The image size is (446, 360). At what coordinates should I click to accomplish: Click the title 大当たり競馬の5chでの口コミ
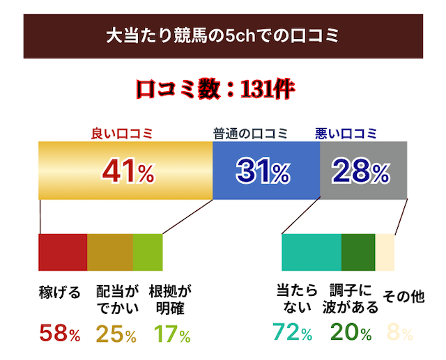pos(222,36)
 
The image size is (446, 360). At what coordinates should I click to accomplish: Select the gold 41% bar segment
pos(125,171)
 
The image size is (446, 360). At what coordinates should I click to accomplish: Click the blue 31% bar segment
pos(266,171)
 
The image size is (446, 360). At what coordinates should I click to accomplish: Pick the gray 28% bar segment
pos(363,171)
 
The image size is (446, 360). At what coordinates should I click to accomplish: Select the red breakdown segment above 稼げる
pos(63,252)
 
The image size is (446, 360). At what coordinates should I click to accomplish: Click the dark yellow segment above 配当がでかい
pos(109,252)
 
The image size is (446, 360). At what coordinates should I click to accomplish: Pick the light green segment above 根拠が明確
pos(147,252)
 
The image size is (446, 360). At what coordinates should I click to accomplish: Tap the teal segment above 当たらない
pos(311,252)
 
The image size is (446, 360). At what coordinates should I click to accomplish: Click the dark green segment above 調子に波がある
pos(358,252)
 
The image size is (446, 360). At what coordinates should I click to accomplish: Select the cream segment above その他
pos(385,252)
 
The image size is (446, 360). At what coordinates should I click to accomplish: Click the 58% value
pos(60,334)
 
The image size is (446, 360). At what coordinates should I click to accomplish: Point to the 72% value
pos(291,334)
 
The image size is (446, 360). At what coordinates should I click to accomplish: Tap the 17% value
pos(171,334)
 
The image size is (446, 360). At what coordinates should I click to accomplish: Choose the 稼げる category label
pos(59,292)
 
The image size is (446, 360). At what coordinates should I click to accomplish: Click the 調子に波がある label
pos(351,299)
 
